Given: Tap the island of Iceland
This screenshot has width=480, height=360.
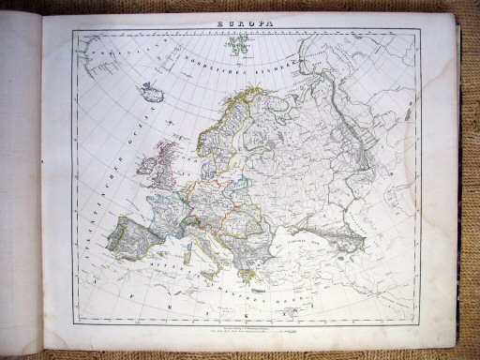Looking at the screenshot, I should [150, 93].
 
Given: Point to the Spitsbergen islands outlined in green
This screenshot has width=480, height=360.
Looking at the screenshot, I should [229, 43].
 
